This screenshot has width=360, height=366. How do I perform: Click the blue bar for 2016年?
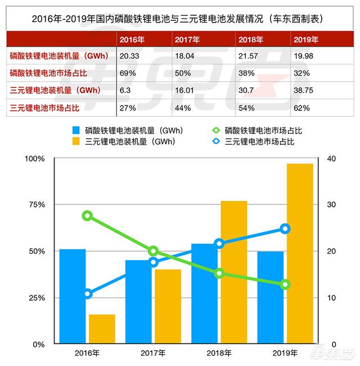(x=73, y=296)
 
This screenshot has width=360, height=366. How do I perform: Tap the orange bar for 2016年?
(x=102, y=329)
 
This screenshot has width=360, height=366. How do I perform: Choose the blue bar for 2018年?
(x=205, y=293)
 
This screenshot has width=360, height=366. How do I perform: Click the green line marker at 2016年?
(x=87, y=216)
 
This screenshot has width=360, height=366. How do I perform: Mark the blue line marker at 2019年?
(x=285, y=229)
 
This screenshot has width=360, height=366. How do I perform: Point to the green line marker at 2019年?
(x=285, y=284)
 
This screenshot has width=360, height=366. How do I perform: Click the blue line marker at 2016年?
(x=87, y=293)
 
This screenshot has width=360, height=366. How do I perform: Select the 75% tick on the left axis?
(x=35, y=204)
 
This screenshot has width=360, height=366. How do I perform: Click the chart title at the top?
(x=179, y=19)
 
